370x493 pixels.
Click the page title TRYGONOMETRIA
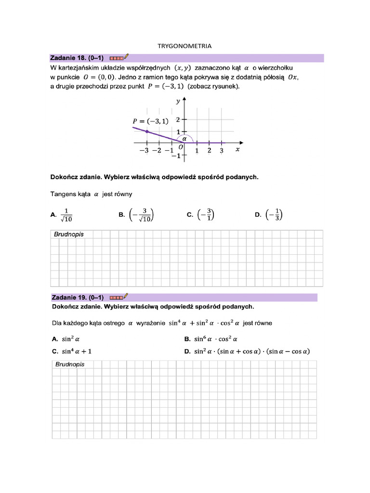pyautogui.click(x=185, y=46)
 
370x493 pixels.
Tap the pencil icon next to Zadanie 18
pyautogui.click(x=127, y=57)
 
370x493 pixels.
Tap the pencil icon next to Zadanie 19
pyautogui.click(x=127, y=297)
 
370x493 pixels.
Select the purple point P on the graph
pyautogui.click(x=147, y=131)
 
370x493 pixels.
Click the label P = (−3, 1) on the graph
pyautogui.click(x=151, y=121)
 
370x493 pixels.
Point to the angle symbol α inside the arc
pyautogui.click(x=184, y=137)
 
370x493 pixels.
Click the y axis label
pyautogui.click(x=178, y=101)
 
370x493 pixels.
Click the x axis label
pyautogui.click(x=237, y=150)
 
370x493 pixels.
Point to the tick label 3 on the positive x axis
pyautogui.click(x=221, y=151)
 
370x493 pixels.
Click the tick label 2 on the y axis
pyautogui.click(x=178, y=119)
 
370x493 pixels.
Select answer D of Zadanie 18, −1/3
pyautogui.click(x=274, y=215)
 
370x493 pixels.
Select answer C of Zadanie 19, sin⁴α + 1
pyautogui.click(x=76, y=351)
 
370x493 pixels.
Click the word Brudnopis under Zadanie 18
pyautogui.click(x=69, y=234)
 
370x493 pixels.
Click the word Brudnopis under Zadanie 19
pyautogui.click(x=70, y=364)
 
